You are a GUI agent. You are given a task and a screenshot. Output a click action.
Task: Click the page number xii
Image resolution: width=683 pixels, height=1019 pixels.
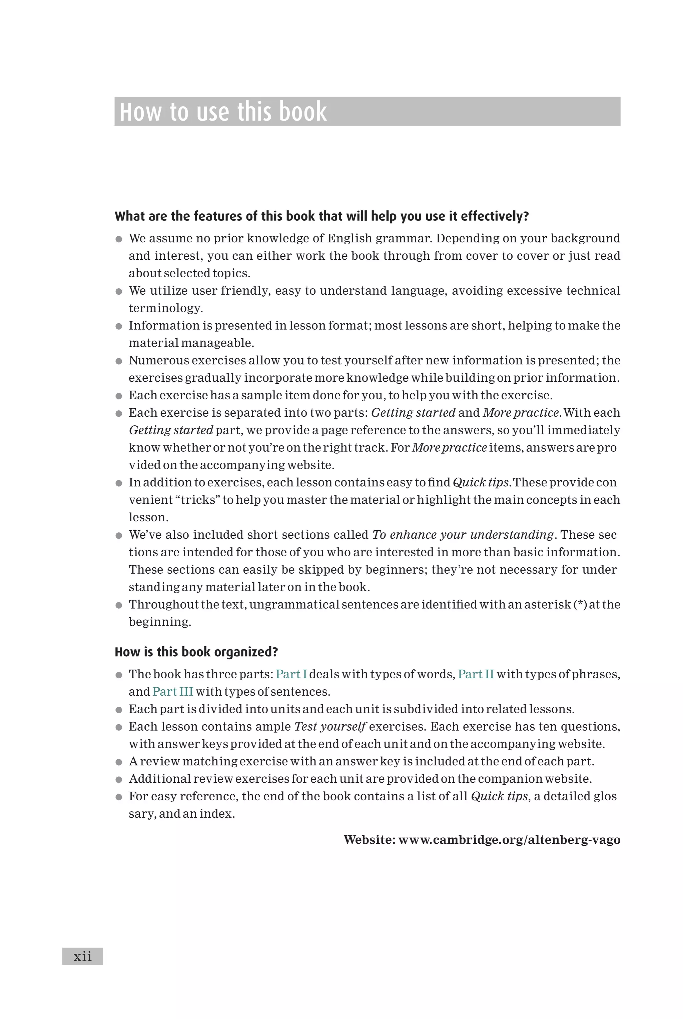click(82, 956)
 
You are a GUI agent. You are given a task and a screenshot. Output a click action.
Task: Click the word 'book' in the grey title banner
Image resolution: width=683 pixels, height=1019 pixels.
click(303, 112)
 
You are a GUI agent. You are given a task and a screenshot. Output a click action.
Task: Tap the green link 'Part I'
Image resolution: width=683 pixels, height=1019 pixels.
click(291, 674)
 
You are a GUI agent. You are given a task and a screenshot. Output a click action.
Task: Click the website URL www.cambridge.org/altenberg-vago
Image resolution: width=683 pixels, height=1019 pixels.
click(509, 840)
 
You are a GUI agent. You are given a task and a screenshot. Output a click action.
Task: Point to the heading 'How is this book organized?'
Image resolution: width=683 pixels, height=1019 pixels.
click(196, 652)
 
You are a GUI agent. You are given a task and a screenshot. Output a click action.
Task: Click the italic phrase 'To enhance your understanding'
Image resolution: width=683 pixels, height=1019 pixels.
click(463, 535)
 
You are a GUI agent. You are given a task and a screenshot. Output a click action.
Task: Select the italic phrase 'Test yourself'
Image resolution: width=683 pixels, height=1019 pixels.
click(330, 726)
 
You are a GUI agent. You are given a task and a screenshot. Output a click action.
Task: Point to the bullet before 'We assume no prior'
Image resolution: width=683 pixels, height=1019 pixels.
click(118, 239)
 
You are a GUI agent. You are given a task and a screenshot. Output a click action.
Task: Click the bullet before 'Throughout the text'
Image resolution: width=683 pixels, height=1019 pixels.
click(118, 605)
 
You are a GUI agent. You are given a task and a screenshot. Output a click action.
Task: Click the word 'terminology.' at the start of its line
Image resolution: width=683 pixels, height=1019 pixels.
click(165, 308)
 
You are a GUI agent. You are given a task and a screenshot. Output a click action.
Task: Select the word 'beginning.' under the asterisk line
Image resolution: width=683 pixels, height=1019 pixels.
click(160, 622)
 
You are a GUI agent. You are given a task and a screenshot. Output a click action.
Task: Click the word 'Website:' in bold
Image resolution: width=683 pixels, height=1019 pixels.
click(370, 840)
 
